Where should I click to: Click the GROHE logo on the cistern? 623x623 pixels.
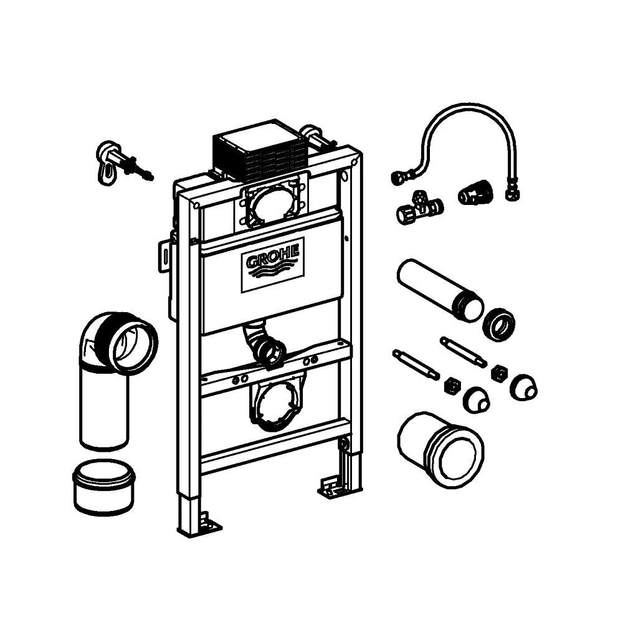coord(273,265)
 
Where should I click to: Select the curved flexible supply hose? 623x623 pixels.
coord(453,115)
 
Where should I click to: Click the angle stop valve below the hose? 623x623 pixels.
coord(419,207)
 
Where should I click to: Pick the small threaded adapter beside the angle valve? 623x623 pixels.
coord(475,193)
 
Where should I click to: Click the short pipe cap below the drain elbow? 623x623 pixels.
coord(104,487)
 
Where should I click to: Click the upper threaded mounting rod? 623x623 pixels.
coord(464,352)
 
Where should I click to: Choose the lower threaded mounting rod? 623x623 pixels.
coord(416,364)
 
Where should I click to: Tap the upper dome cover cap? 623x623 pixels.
coord(524,387)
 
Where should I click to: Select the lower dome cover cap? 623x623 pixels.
coord(476,400)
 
